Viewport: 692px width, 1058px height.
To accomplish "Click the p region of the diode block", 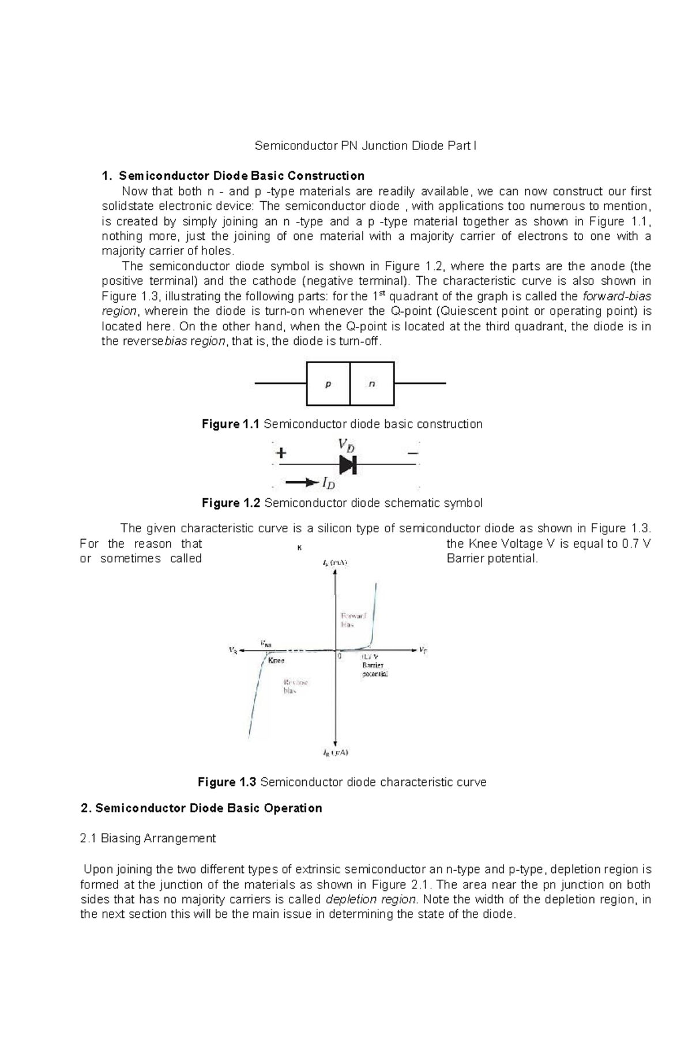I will [328, 384].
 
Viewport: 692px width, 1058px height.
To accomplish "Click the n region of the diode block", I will [372, 384].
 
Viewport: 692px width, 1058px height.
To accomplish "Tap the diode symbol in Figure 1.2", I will [348, 464].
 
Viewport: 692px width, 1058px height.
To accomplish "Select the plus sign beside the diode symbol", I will [281, 453].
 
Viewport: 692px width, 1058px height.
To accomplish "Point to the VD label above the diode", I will [346, 445].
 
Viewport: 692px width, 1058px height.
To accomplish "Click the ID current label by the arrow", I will [329, 483].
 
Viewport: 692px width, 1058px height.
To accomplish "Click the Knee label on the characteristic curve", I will [276, 661].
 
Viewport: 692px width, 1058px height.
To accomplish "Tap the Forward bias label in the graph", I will [353, 619].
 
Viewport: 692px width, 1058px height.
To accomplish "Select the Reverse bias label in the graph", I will [295, 686].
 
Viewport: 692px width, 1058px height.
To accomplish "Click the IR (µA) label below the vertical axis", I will [335, 752].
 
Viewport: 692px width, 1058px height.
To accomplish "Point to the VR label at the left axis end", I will [233, 650].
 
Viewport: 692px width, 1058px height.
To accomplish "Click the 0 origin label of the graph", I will [340, 656].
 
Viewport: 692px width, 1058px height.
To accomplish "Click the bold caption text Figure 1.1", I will [230, 424].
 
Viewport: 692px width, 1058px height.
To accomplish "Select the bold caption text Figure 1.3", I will [227, 782].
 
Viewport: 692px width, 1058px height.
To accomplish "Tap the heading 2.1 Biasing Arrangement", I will [148, 838].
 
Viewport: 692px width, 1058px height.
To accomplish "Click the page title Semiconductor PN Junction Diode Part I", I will [366, 146].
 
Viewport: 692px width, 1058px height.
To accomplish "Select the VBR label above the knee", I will [266, 643].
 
